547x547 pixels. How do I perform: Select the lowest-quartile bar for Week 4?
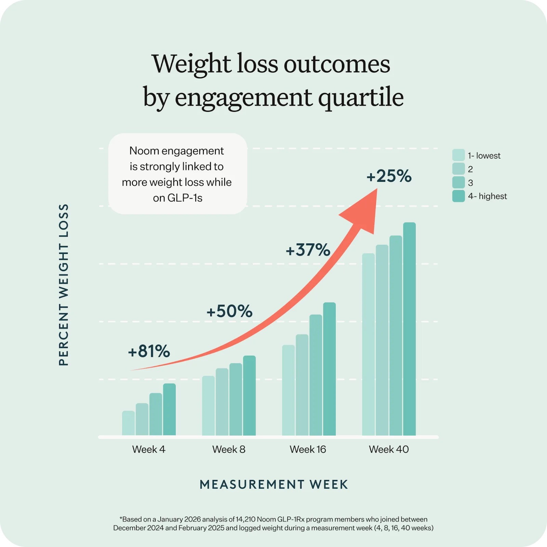pyautogui.click(x=128, y=423)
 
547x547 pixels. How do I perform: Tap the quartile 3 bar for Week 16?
pyautogui.click(x=316, y=375)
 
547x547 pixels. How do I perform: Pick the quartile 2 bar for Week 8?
pyautogui.click(x=222, y=402)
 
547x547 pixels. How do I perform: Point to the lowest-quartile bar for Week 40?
pyautogui.click(x=368, y=344)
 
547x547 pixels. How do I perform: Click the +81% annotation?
pyautogui.click(x=149, y=351)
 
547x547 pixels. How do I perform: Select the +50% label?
pyautogui.click(x=229, y=311)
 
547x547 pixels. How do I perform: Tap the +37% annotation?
pyautogui.click(x=308, y=250)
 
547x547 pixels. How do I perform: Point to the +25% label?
pyautogui.click(x=389, y=176)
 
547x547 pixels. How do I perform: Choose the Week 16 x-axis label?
pyautogui.click(x=308, y=449)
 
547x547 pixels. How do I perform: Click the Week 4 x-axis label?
pyautogui.click(x=149, y=449)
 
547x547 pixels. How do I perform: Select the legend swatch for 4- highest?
pyautogui.click(x=458, y=196)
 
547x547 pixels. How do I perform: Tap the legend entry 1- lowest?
pyautogui.click(x=484, y=156)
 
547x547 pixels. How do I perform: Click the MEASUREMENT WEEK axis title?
pyautogui.click(x=274, y=484)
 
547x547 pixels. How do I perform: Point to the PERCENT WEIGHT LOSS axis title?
pyautogui.click(x=64, y=285)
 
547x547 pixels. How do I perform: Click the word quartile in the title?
pyautogui.click(x=361, y=97)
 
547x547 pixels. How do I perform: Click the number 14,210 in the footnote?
pyautogui.click(x=245, y=519)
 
